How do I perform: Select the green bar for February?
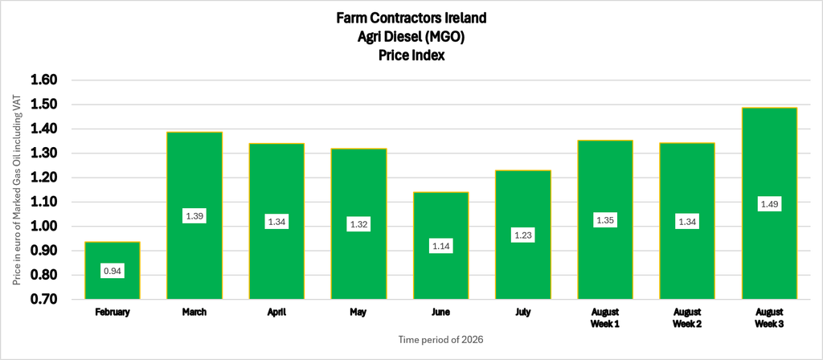pos(113,270)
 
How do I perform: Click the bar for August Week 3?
pos(769,203)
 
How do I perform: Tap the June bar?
pos(441,246)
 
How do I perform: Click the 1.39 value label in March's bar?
pos(194,215)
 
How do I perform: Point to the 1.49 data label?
pos(769,203)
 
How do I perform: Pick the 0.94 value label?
pos(113,272)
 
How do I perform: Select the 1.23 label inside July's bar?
pos(523,235)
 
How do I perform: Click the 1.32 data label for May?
pos(359,225)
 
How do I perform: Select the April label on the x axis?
pos(276,313)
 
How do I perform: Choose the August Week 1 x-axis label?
pos(605,318)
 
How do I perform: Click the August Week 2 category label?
pos(687,318)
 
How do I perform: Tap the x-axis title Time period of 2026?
pos(441,340)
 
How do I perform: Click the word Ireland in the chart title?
pos(467,18)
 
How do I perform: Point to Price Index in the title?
pos(411,55)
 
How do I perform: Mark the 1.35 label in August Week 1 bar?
pos(605,220)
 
